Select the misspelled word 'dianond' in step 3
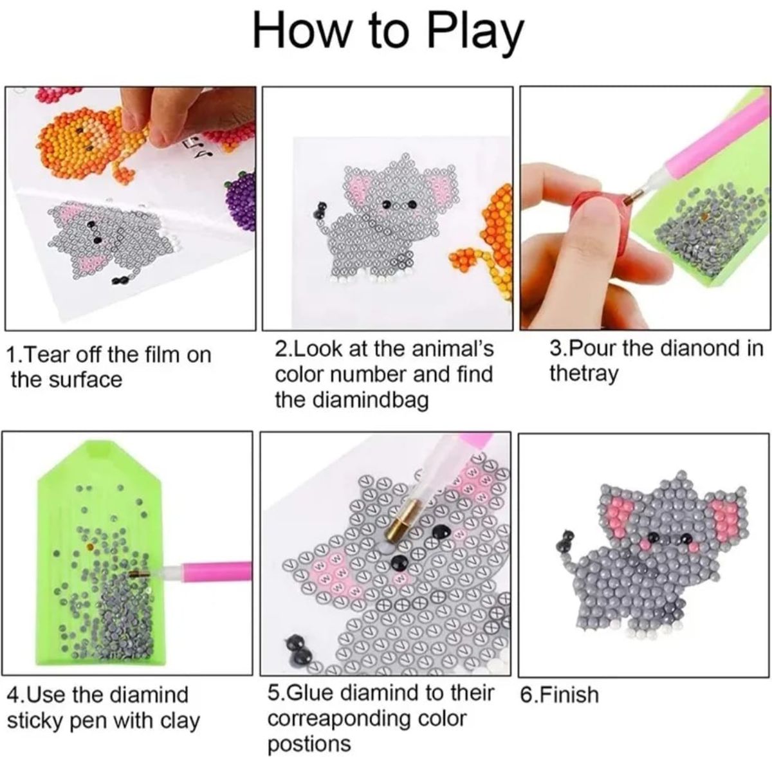click(x=699, y=349)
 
